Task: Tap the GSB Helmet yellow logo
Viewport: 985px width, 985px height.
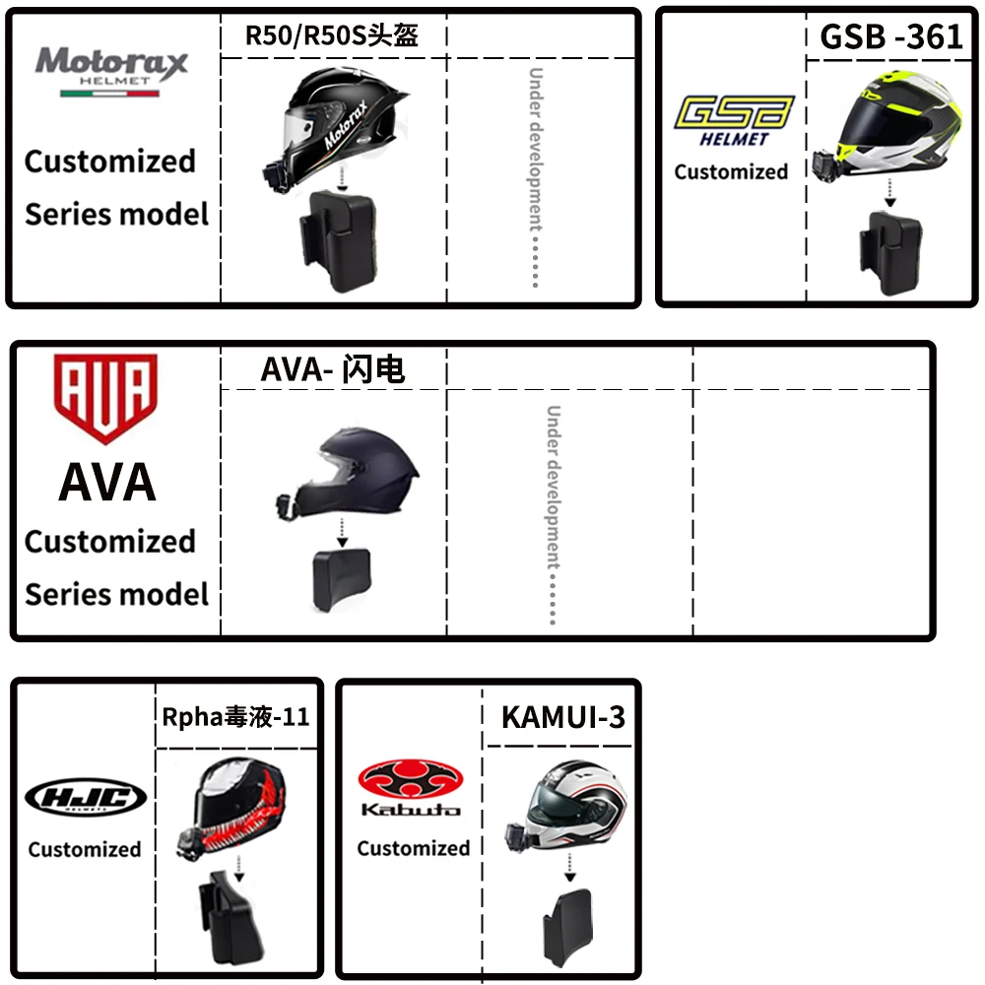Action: tap(734, 119)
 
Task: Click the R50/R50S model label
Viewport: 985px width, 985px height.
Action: tap(331, 36)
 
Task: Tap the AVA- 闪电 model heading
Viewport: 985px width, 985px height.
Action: tap(332, 369)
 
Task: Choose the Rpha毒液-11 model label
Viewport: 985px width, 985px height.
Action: tap(235, 716)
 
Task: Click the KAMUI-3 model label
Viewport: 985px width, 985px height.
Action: tap(562, 716)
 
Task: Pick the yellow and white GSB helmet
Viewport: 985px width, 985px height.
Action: tap(891, 123)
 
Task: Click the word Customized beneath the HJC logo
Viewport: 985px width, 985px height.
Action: tap(85, 849)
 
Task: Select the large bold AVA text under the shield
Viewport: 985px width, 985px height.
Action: tap(106, 483)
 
